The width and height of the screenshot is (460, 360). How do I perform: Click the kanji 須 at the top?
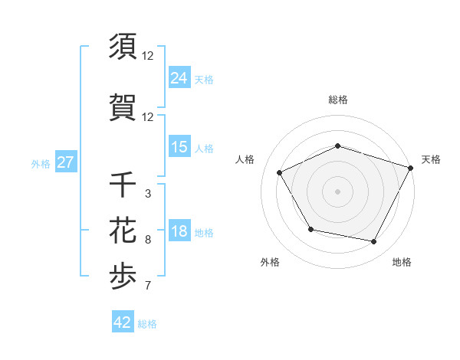123,47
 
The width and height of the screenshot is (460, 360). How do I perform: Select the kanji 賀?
123,107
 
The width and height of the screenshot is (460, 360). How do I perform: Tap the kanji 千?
123,185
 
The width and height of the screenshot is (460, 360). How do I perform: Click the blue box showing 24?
179,78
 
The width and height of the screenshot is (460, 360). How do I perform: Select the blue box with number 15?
179,147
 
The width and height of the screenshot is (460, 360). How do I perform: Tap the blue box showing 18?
179,232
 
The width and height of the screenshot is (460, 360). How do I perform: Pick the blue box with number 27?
65,162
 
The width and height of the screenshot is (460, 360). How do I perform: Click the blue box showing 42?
123,322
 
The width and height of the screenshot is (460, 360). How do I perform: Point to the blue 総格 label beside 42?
148,324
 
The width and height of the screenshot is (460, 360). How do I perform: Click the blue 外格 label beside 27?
41,163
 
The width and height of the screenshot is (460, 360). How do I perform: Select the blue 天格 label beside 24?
203,79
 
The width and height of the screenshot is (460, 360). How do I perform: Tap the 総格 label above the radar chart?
337,100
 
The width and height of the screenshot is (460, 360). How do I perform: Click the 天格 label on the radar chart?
431,159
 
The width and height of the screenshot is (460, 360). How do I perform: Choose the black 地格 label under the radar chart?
402,262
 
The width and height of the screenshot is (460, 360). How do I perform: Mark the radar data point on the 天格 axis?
412,167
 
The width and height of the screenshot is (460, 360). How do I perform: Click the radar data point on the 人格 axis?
280,172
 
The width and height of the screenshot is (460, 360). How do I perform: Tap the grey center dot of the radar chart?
337,191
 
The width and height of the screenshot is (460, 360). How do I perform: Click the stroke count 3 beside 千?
148,194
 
